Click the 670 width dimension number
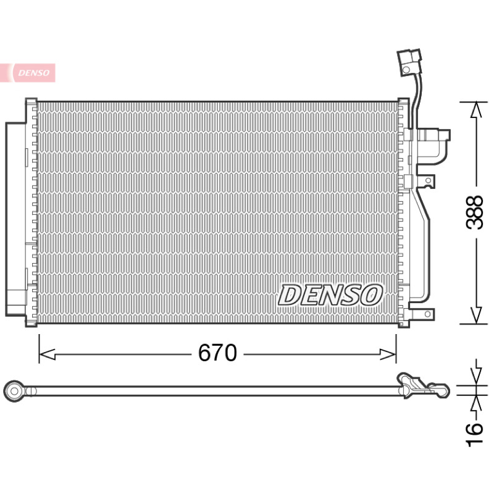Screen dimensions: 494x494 pyautogui.click(x=217, y=353)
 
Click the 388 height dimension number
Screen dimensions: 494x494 pyautogui.click(x=474, y=212)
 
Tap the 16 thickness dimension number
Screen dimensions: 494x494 pyautogui.click(x=474, y=435)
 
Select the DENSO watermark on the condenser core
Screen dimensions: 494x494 pyautogui.click(x=330, y=295)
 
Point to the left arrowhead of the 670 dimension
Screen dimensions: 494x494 pyautogui.click(x=48, y=354)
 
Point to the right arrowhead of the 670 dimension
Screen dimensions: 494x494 pyautogui.click(x=388, y=354)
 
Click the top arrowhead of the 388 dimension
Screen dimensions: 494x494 pyautogui.click(x=476, y=110)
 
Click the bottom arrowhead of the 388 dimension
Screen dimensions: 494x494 pyautogui.click(x=476, y=316)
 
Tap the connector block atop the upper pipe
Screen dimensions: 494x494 pyautogui.click(x=409, y=62)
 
